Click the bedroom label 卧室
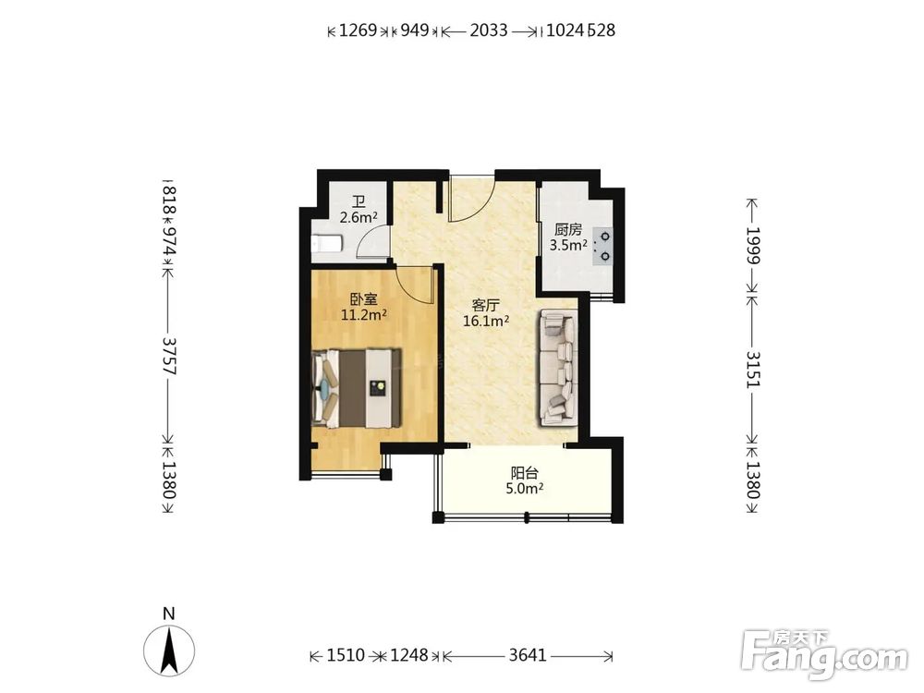pyautogui.click(x=363, y=300)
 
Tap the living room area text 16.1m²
pyautogui.click(x=486, y=322)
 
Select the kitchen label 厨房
pyautogui.click(x=568, y=230)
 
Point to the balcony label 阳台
pyautogui.click(x=525, y=473)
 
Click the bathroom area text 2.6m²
pyautogui.click(x=359, y=217)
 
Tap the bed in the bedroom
pyautogui.click(x=357, y=388)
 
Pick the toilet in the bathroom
pyautogui.click(x=326, y=243)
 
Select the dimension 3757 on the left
pyautogui.click(x=169, y=356)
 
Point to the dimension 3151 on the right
pyautogui.click(x=753, y=370)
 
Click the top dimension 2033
pyautogui.click(x=489, y=30)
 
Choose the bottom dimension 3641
pyautogui.click(x=528, y=655)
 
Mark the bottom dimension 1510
pyautogui.click(x=346, y=655)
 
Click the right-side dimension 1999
pyautogui.click(x=753, y=245)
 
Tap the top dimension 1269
pyautogui.click(x=359, y=30)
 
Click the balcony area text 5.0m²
pyautogui.click(x=525, y=489)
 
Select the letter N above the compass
pyautogui.click(x=169, y=614)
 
